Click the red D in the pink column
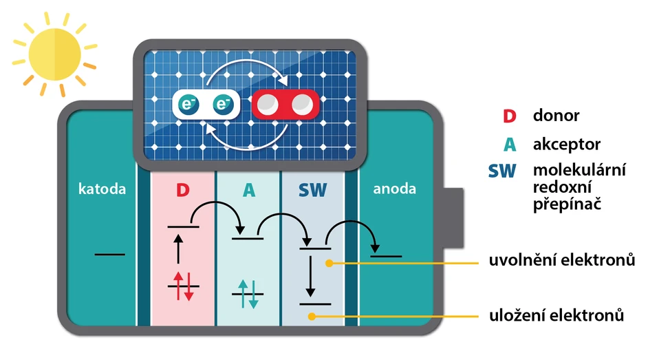pyautogui.click(x=182, y=190)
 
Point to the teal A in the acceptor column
pyautogui.click(x=248, y=190)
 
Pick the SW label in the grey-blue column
pyautogui.click(x=312, y=190)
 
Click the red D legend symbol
pyautogui.click(x=508, y=116)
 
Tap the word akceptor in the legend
pyautogui.click(x=566, y=145)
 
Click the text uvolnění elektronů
pyautogui.click(x=561, y=261)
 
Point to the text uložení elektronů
pyautogui.click(x=557, y=316)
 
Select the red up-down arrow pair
pyautogui.click(x=183, y=285)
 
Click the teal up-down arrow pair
pyautogui.click(x=248, y=293)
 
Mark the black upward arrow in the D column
pyautogui.click(x=179, y=248)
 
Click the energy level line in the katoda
pyautogui.click(x=109, y=255)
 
